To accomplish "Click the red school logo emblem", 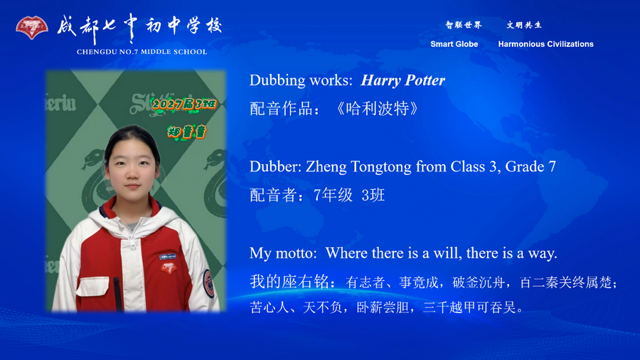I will tap(32, 28).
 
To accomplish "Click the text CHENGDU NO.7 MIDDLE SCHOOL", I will tap(142, 52).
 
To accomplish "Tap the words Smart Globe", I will tap(454, 44).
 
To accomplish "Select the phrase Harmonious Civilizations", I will tap(545, 44).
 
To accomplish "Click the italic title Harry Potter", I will tap(402, 80).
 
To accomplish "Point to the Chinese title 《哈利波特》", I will tap(376, 109).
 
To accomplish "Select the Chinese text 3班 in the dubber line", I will tap(373, 195).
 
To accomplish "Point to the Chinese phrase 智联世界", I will tap(464, 25).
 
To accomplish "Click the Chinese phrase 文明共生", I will tap(524, 25).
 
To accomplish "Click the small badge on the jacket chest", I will tap(169, 268).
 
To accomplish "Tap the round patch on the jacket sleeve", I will tap(208, 277).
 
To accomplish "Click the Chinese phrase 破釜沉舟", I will tap(478, 282).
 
